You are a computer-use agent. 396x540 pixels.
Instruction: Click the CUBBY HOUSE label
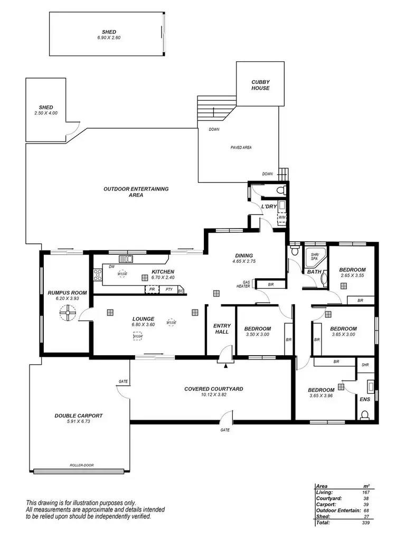point(260,85)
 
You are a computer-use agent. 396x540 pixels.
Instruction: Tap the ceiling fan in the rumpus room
point(66,315)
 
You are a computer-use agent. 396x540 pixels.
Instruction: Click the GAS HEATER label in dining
point(246,285)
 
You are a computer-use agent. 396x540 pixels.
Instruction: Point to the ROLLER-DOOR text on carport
point(81,466)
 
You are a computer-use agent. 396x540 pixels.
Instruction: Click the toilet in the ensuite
point(364,415)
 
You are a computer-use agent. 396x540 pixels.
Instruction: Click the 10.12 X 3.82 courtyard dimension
point(213,395)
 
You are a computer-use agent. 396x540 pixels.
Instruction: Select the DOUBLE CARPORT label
point(79,415)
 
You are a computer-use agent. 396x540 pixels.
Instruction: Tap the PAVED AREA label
point(241,147)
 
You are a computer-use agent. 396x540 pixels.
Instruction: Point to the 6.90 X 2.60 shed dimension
point(108,37)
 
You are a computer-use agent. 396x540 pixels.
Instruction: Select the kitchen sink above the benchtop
point(126,259)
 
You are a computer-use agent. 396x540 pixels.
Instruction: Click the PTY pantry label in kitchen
point(169,290)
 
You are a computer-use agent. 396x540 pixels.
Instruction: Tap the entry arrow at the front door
point(226,365)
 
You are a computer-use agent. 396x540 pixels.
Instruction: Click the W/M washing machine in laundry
point(281,217)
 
